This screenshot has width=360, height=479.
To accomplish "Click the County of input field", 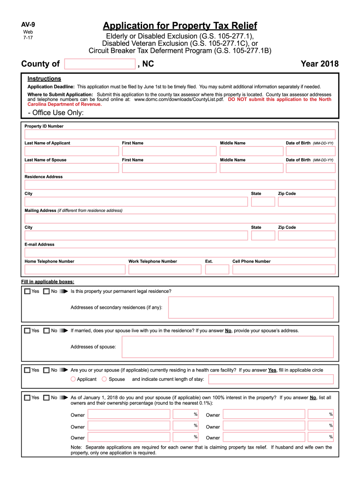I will tap(100, 64).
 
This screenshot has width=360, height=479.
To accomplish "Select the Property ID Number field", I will tap(180, 134).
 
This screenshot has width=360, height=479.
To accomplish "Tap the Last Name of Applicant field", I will tap(72, 151).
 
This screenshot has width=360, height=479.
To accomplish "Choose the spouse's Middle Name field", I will tap(252, 168).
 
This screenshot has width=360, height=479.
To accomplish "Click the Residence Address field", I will tap(180, 185).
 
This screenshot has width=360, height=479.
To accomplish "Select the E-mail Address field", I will tap(180, 253).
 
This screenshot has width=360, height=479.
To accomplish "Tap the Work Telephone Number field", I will tap(165, 269).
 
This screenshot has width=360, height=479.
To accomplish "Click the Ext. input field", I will tap(217, 269).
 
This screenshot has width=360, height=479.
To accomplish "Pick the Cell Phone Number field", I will tap(284, 269).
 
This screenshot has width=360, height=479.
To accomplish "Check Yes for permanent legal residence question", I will tap(28, 291).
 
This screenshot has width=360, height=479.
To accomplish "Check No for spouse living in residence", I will tap(46, 331).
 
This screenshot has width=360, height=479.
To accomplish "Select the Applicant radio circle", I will tap(73, 379).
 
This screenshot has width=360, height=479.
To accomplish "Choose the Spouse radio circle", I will tap(104, 379).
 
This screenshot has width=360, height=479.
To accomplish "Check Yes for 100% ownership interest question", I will tap(28, 398).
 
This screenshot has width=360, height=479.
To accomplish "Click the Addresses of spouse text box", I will tap(228, 347).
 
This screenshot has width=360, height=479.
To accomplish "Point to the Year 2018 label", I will tap(320, 64).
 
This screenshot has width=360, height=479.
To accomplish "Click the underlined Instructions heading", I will tap(44, 79).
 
